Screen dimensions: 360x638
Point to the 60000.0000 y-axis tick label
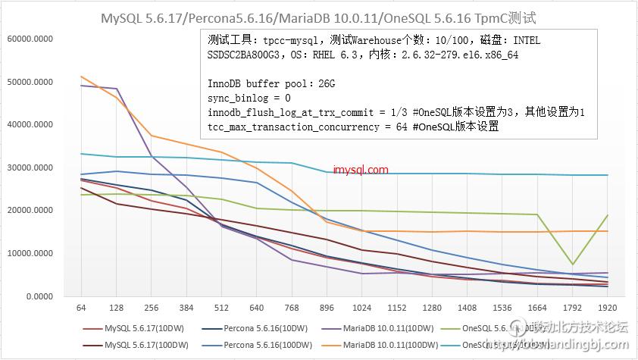28,39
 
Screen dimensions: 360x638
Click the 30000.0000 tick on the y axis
28,167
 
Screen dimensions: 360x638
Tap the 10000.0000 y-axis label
28,254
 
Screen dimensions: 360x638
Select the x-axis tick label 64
81,309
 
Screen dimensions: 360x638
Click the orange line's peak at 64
82,77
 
